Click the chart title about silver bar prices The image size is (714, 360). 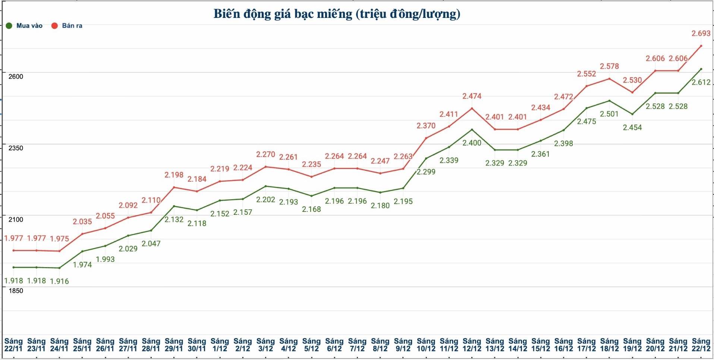[x=337, y=14]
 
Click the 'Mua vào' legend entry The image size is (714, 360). [x=25, y=26]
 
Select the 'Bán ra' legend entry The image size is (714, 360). [x=67, y=26]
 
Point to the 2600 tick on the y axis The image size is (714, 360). [x=16, y=76]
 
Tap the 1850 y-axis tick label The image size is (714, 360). [x=16, y=291]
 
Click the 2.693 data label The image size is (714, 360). [x=701, y=34]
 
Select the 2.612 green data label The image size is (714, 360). [x=701, y=82]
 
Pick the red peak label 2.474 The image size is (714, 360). [x=472, y=96]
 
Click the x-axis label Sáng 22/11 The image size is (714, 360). [x=13, y=345]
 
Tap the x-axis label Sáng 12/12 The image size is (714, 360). [x=472, y=345]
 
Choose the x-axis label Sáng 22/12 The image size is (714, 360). [x=701, y=345]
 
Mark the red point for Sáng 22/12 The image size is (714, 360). [x=701, y=46]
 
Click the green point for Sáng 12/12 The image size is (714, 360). [x=472, y=130]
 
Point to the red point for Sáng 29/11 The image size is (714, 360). [x=174, y=187]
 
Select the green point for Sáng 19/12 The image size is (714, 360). [x=632, y=114]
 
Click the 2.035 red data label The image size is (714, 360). [x=82, y=222]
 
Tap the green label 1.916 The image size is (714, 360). [x=59, y=281]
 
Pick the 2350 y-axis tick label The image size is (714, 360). [x=16, y=148]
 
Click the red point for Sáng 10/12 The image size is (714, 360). [x=426, y=138]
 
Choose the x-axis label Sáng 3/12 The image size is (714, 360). [x=265, y=345]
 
